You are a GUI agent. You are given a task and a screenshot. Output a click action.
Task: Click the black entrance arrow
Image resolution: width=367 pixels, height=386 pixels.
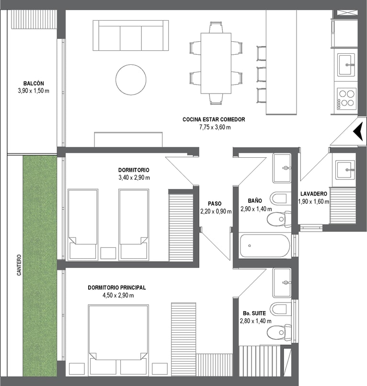[359, 132]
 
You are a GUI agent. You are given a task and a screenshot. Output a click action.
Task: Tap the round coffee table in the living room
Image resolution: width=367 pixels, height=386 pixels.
[131, 80]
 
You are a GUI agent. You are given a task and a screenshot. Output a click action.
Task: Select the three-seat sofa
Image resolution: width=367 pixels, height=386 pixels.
[131, 35]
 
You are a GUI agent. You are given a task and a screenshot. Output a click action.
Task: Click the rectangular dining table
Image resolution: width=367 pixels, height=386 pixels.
[216, 63]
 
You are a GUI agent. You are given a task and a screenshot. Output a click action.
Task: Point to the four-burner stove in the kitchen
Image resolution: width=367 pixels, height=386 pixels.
[346, 98]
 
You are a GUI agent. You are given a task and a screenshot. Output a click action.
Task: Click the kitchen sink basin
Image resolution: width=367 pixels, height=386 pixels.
[346, 65]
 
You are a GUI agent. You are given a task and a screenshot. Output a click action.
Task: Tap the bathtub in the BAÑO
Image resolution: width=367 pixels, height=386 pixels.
[265, 246]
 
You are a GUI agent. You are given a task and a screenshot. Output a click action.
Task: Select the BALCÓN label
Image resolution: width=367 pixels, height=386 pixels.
[34, 83]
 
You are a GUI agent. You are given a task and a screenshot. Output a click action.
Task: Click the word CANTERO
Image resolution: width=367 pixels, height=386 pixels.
[19, 265]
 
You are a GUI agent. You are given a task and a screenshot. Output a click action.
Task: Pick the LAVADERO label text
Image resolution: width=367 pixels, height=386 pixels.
[314, 194]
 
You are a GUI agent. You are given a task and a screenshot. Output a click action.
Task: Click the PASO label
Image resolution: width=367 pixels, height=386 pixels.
[215, 204]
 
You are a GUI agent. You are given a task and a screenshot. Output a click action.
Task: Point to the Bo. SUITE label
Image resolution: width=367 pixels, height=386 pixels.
[254, 314]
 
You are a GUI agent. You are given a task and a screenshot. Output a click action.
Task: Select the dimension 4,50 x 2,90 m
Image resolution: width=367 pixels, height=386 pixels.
[118, 295]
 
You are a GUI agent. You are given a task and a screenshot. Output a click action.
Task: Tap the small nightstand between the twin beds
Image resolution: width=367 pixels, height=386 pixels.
[108, 253]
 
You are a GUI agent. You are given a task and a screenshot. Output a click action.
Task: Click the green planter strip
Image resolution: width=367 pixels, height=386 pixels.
[40, 266]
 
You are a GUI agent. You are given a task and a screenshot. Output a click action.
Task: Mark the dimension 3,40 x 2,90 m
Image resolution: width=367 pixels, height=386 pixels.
[134, 177]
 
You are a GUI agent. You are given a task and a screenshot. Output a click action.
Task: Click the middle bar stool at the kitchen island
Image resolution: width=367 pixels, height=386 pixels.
[261, 74]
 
